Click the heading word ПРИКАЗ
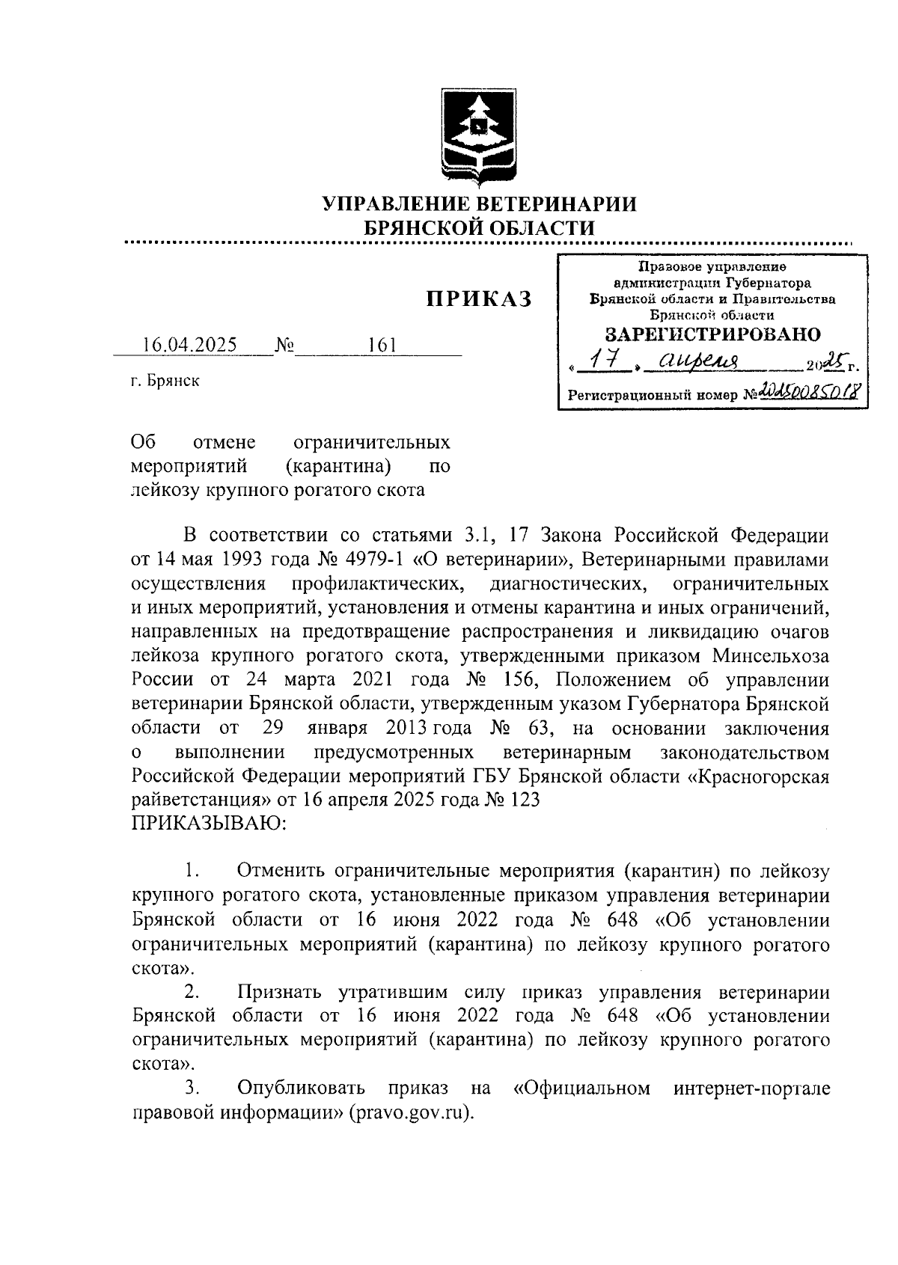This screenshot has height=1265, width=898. tap(479, 300)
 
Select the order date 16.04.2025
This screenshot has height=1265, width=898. tap(189, 345)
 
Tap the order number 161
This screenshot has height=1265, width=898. tap(382, 345)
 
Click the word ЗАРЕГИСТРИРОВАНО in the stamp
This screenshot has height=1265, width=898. tap(712, 334)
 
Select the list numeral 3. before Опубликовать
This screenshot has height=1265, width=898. tap(192, 1088)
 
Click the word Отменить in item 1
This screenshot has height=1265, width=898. tap(280, 872)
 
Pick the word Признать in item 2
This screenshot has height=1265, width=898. tap(279, 992)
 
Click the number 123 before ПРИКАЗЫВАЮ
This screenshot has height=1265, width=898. tap(522, 800)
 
